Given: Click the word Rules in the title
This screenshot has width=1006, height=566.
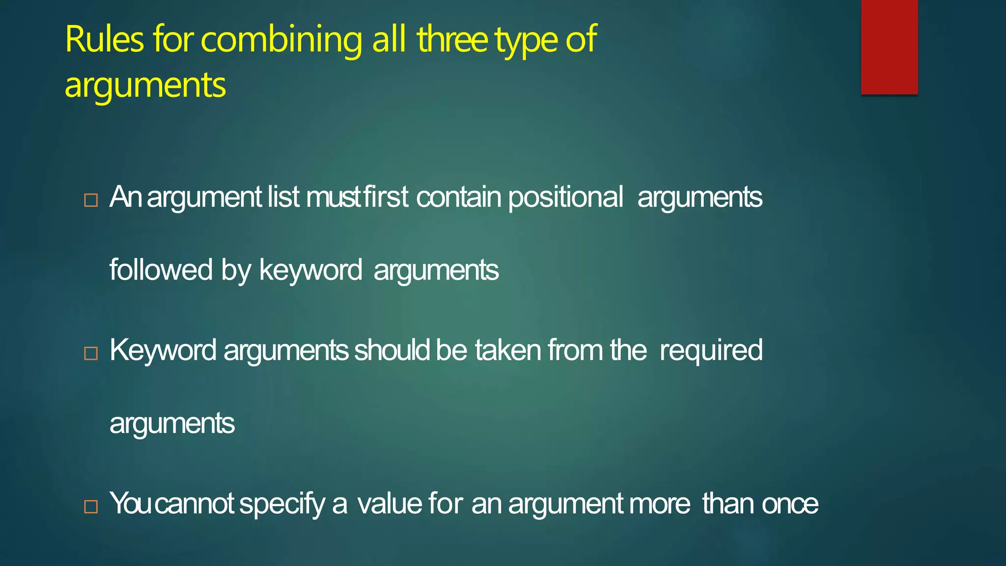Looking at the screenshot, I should click(104, 39).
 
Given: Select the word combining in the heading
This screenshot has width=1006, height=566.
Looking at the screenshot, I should click(281, 40).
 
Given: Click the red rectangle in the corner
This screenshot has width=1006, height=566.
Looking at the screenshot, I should click(889, 47).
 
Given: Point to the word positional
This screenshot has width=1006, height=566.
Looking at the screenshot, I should click(565, 198).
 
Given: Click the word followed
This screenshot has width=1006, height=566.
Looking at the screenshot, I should click(161, 270).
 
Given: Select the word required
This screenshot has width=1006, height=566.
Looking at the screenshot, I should click(711, 351).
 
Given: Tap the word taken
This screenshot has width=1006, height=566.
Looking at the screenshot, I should click(508, 350).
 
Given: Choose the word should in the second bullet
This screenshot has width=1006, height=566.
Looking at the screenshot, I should click(392, 350).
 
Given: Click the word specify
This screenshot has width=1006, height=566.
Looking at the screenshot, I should click(282, 505).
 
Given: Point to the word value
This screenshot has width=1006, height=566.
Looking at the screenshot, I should click(390, 504).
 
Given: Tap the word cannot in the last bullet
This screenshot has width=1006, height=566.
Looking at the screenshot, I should click(195, 504).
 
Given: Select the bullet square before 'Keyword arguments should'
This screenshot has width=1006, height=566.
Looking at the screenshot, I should click(91, 353).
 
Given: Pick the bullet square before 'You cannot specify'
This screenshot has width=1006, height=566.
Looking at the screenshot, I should click(91, 507).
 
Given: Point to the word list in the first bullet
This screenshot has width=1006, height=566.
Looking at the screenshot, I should click(283, 197).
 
